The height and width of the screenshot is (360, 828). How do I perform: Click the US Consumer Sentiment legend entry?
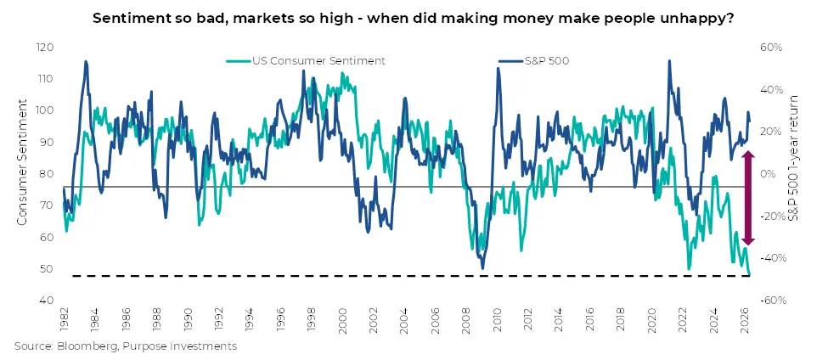306,60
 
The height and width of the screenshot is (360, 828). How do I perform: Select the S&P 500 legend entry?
534,60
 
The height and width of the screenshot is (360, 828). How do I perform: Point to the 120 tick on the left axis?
46,48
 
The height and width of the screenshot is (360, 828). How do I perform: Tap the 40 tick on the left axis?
48,301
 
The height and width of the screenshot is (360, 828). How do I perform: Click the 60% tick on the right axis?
771,48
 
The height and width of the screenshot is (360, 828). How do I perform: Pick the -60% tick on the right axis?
773,301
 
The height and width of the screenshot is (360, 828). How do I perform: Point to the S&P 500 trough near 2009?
482,268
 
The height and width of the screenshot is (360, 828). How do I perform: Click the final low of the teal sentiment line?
749,274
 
